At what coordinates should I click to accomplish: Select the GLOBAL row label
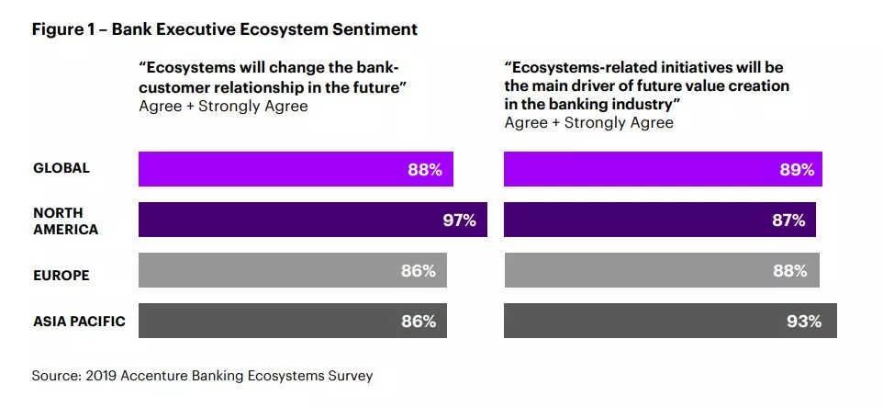(x=61, y=168)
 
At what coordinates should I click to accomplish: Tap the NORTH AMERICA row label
(x=65, y=220)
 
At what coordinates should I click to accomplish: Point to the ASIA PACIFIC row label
(x=79, y=322)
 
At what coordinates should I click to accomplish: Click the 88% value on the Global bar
(x=425, y=170)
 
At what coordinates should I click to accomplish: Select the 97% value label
(x=458, y=220)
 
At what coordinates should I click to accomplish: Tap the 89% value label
(x=796, y=170)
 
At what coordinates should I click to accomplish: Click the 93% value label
(x=803, y=322)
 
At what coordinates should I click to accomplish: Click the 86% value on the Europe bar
(x=418, y=271)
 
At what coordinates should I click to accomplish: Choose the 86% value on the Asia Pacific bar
(x=418, y=322)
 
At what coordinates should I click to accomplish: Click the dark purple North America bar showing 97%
(x=312, y=220)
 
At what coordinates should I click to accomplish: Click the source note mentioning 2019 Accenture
(x=202, y=376)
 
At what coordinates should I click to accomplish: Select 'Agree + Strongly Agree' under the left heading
(x=223, y=106)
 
